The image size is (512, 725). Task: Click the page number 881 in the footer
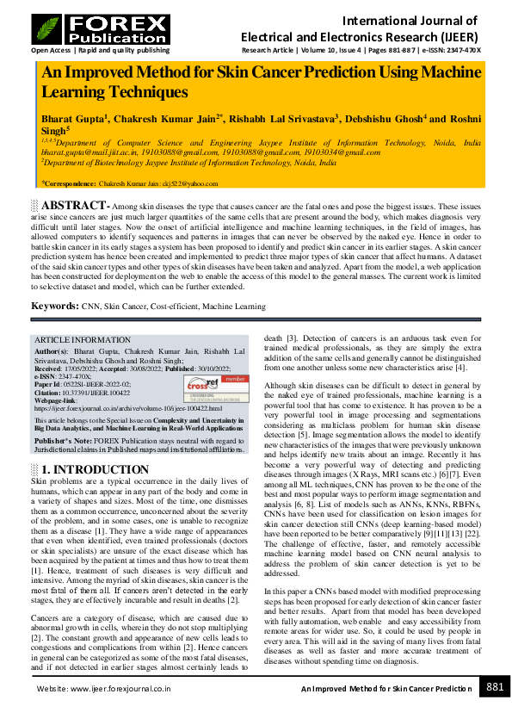(495, 687)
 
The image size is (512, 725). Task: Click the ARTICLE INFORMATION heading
(81, 340)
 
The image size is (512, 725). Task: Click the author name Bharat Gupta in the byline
(72, 118)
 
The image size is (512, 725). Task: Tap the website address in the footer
(103, 689)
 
